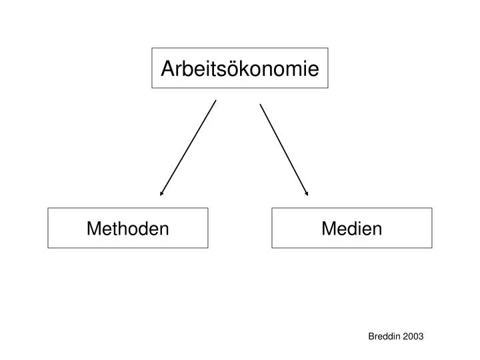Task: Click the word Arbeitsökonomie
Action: click(x=240, y=69)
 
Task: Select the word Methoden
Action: click(x=127, y=229)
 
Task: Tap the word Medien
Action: click(x=352, y=229)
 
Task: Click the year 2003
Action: click(x=413, y=336)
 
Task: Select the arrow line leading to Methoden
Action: click(x=188, y=148)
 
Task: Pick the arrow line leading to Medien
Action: click(x=284, y=150)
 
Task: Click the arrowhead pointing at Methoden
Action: click(x=161, y=193)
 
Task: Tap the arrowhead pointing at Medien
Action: click(x=307, y=193)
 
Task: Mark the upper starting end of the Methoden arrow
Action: click(x=216, y=100)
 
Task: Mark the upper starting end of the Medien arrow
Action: click(x=260, y=105)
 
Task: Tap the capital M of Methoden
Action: click(x=93, y=229)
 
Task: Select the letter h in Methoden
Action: click(x=125, y=229)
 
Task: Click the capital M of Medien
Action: click(x=329, y=229)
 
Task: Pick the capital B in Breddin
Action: click(x=371, y=337)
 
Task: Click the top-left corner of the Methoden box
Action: click(x=48, y=208)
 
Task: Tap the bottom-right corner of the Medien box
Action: click(x=432, y=247)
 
